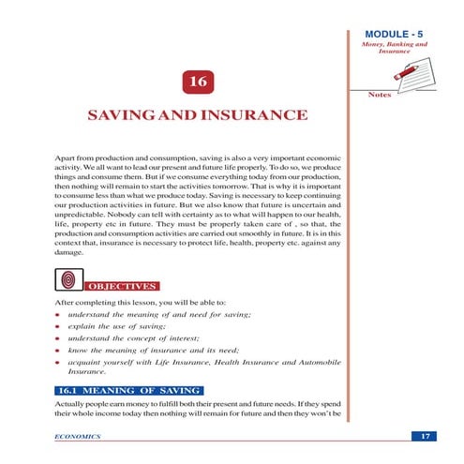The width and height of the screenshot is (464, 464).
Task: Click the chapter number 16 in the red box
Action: click(198, 83)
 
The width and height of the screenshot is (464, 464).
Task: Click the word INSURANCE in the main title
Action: click(251, 116)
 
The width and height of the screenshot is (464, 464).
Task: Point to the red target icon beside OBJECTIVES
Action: click(67, 279)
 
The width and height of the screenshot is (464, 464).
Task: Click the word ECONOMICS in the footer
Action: click(78, 437)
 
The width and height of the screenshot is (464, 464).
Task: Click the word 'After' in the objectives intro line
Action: click(66, 305)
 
